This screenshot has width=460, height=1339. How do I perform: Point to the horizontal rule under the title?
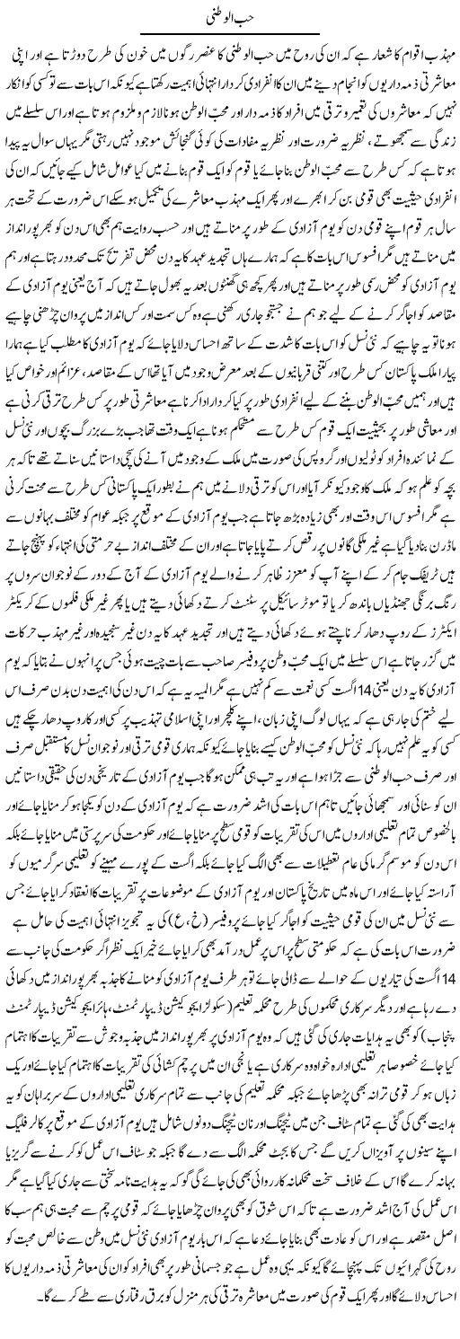tap(229, 34)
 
